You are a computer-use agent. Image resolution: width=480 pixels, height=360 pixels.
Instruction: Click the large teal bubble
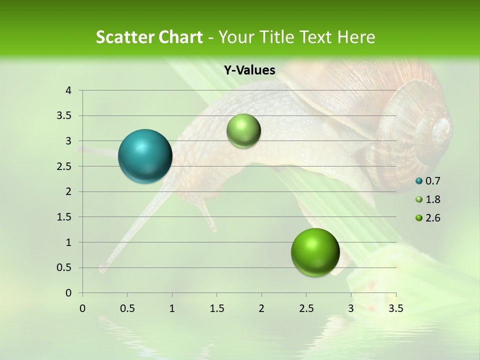pyautogui.click(x=145, y=156)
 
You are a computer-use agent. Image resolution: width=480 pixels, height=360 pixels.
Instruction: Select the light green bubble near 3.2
pyautogui.click(x=243, y=130)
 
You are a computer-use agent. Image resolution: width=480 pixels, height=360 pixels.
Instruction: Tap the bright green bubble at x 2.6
pyautogui.click(x=315, y=252)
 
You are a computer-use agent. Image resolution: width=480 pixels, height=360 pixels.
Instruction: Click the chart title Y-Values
pyautogui.click(x=249, y=70)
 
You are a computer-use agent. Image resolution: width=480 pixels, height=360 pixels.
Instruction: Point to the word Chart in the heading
pyautogui.click(x=180, y=37)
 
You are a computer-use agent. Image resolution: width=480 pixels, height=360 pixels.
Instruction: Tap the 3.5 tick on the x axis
pyautogui.click(x=396, y=308)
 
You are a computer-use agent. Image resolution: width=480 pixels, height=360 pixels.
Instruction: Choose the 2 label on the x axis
pyautogui.click(x=261, y=308)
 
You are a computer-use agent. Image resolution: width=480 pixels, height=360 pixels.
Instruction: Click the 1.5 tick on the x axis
pyautogui.click(x=216, y=308)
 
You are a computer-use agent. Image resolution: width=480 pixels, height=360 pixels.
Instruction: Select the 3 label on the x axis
pyautogui.click(x=351, y=308)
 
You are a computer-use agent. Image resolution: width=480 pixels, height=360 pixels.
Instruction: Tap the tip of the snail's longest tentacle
pyautogui.click(x=102, y=269)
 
